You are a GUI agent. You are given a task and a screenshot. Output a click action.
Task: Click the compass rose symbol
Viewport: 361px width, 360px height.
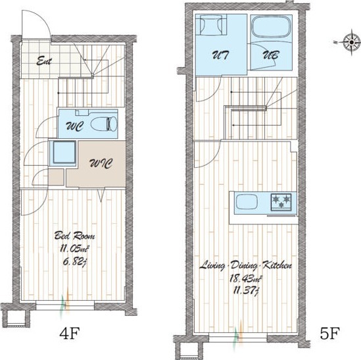point(351,42)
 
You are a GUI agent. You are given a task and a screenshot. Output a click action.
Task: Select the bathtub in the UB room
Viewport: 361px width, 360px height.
point(271,26)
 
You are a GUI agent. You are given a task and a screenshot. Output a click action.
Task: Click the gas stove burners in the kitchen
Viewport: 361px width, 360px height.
point(281,201)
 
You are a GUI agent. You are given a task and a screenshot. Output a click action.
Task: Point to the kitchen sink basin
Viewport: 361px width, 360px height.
point(247,201)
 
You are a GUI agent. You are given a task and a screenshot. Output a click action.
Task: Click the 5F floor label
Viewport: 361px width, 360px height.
point(330,333)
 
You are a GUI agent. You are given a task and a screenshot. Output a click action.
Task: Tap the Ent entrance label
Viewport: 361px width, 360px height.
point(44,61)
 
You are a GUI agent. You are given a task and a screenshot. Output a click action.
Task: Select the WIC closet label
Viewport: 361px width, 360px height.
point(101,164)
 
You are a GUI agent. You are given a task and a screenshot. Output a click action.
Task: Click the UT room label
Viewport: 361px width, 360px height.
point(220,55)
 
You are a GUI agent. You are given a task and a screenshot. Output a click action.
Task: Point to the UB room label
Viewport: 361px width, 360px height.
point(271,55)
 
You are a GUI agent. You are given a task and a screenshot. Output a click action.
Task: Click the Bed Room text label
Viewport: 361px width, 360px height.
point(74,236)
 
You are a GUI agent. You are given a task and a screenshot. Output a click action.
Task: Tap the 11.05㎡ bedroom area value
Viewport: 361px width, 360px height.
point(74,249)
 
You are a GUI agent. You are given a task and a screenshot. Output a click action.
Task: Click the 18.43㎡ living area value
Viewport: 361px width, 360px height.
point(246,278)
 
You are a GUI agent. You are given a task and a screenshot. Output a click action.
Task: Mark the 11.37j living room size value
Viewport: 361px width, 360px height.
point(246,291)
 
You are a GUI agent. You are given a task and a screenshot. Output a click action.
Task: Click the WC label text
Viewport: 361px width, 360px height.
point(74,126)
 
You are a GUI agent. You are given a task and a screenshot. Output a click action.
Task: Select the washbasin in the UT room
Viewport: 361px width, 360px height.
point(211,24)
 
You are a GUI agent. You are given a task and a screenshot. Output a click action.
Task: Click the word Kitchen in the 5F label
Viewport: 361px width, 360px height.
point(277,265)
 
